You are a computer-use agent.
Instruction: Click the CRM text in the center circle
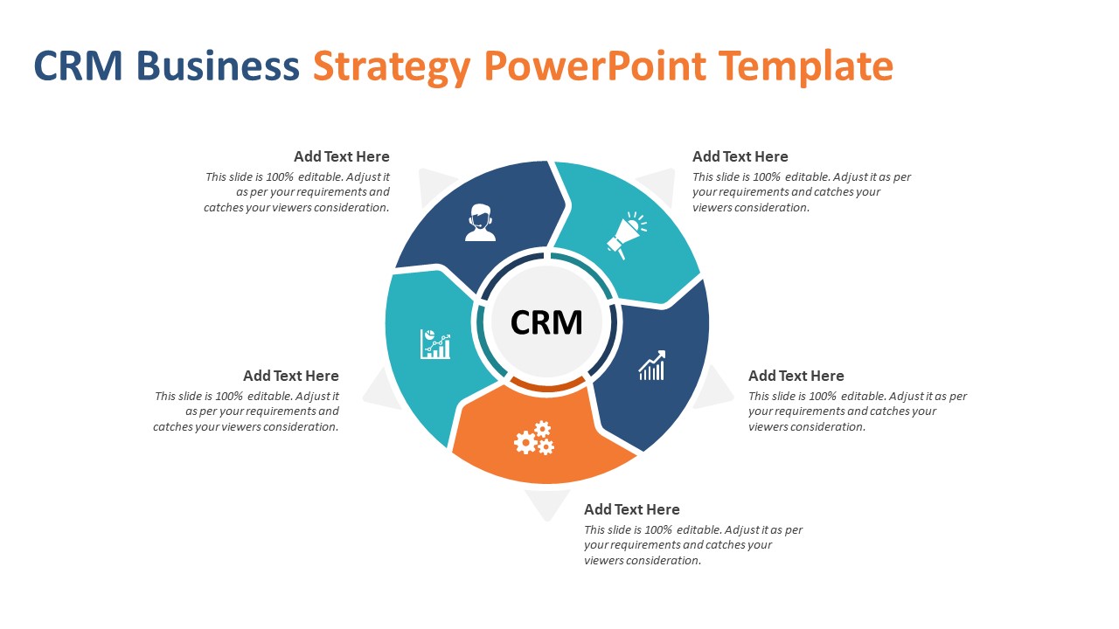click(546, 322)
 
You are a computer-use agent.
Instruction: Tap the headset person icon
click(480, 223)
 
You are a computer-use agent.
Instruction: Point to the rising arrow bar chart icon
click(652, 366)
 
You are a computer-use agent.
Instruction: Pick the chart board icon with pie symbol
click(435, 343)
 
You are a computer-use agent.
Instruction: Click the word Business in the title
click(218, 66)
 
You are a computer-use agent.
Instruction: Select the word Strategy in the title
click(392, 66)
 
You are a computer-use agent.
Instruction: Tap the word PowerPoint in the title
click(594, 66)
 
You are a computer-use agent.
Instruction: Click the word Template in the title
click(805, 66)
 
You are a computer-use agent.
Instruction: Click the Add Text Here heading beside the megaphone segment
click(740, 156)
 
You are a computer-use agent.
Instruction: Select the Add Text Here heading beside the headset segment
click(342, 156)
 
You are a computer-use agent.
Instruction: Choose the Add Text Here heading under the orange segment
click(631, 509)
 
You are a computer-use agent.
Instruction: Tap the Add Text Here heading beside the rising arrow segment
click(796, 376)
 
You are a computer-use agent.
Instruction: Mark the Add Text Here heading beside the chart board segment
click(291, 376)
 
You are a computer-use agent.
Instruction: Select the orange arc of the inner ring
click(546, 384)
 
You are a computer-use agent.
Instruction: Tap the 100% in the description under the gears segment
click(657, 529)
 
